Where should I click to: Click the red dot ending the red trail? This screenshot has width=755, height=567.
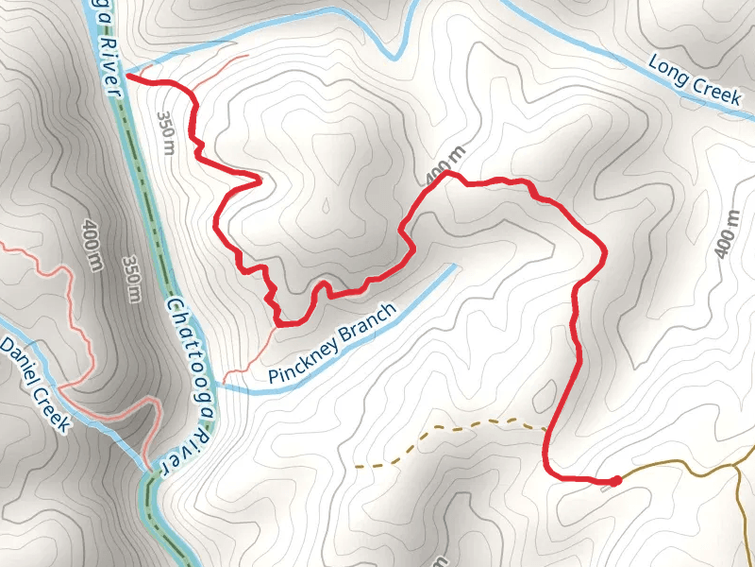point(616,481)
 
